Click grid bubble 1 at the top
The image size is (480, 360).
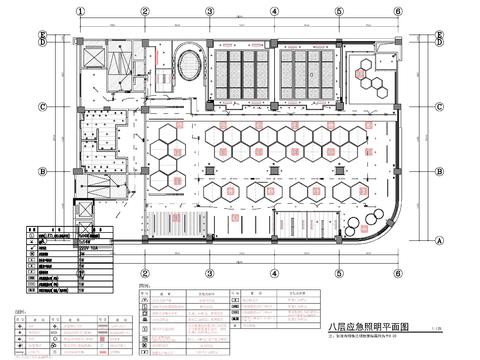tap(81, 12)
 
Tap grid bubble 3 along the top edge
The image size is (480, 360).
tap(209, 12)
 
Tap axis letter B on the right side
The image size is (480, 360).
tap(441, 171)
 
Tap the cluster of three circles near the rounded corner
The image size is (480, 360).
tap(374, 217)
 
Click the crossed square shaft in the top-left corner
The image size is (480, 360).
tap(93, 54)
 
